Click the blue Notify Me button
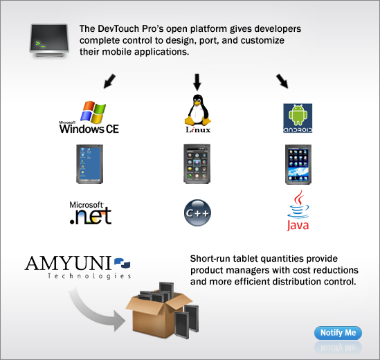[x=338, y=332]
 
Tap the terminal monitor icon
[x=49, y=40]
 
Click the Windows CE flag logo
[x=93, y=112]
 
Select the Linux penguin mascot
[x=198, y=110]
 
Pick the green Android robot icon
[x=298, y=115]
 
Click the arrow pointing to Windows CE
[x=109, y=81]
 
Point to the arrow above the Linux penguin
[x=197, y=82]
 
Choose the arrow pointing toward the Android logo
[x=282, y=81]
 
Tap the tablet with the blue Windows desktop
[x=90, y=164]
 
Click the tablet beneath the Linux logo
[x=197, y=164]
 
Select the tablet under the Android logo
[x=298, y=164]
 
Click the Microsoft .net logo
[x=91, y=213]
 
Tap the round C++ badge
[x=197, y=213]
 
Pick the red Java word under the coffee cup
[x=298, y=225]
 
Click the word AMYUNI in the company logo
[x=68, y=263]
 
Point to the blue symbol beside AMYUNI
[x=122, y=263]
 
